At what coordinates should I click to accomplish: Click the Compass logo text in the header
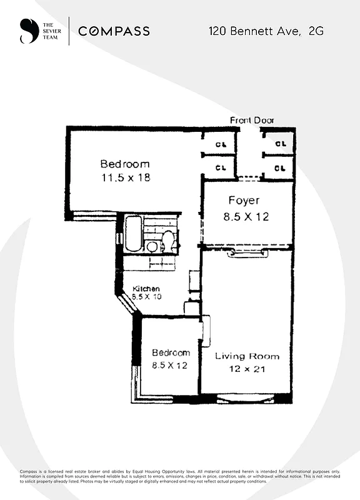point(114,31)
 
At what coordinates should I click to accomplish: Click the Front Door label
point(252,120)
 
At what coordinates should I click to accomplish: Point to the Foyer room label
point(243,201)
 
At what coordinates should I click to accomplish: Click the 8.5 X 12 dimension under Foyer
point(246,217)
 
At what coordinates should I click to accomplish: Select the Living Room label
point(247,356)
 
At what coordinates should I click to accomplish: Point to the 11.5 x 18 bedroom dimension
point(125,177)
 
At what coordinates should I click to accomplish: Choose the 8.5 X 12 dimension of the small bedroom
point(169,366)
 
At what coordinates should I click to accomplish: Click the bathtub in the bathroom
point(132,234)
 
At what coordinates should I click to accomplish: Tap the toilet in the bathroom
point(167,240)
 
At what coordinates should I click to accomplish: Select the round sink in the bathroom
point(152,246)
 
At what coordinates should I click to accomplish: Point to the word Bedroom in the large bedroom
point(125,164)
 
